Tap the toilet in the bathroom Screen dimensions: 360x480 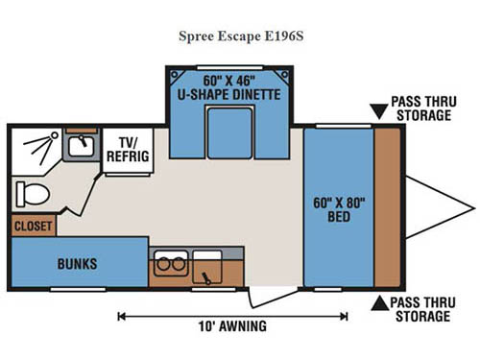point(32,194)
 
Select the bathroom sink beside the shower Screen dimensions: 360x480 point(79,147)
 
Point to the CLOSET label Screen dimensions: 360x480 point(33,227)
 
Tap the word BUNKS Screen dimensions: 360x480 point(77,263)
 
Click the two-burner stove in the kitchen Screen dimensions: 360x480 point(170,264)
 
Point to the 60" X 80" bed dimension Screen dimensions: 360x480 point(339,203)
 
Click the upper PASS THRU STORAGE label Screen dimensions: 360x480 point(420,108)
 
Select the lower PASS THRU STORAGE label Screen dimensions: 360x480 point(420,309)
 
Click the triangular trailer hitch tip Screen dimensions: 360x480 point(468,207)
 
